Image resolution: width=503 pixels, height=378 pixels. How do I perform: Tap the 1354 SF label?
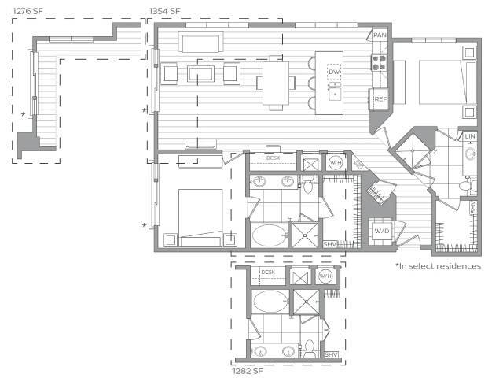[x=164, y=10]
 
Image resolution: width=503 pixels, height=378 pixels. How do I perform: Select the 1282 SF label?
[x=248, y=368]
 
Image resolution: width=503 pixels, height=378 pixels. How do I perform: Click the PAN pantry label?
[x=380, y=35]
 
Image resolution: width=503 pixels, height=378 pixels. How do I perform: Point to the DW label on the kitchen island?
[x=334, y=72]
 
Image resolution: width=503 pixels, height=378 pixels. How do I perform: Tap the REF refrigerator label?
[x=380, y=99]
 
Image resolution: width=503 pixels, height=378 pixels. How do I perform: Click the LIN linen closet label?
[x=470, y=136]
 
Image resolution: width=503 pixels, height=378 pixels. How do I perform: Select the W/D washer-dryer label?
[x=381, y=232]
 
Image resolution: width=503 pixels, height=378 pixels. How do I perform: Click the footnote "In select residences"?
[x=438, y=266]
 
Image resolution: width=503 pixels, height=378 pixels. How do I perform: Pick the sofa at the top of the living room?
[x=201, y=41]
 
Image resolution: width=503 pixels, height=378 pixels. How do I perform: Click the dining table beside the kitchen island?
[x=274, y=82]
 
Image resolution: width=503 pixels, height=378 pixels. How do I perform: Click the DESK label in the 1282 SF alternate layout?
[x=268, y=272]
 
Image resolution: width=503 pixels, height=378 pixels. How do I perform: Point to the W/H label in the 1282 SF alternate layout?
[x=326, y=276]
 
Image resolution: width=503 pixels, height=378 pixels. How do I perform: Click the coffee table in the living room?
[x=200, y=74]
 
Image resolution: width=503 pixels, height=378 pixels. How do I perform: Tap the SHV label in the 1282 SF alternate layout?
[x=331, y=355]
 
